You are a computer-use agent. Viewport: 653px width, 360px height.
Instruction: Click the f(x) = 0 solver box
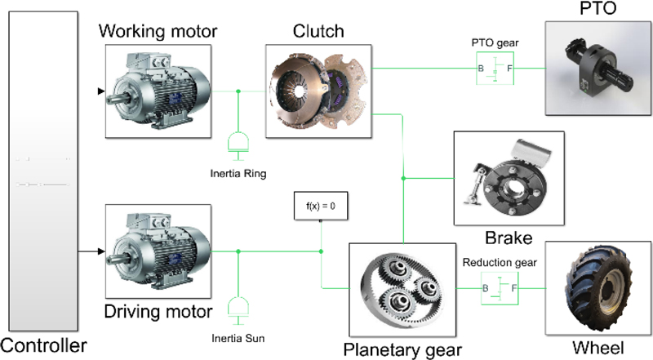click(x=321, y=206)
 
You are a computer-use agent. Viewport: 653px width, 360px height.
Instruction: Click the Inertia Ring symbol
click(x=238, y=142)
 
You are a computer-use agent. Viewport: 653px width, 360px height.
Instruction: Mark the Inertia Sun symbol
click(x=238, y=307)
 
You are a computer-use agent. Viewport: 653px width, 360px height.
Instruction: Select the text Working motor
click(x=158, y=32)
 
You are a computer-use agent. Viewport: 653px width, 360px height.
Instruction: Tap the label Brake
click(x=509, y=238)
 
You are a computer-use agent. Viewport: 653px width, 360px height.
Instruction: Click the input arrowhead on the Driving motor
click(x=101, y=251)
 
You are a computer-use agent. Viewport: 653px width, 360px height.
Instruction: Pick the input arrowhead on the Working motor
click(x=101, y=91)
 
